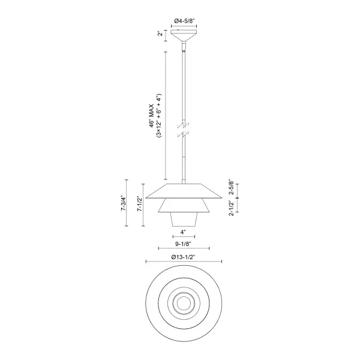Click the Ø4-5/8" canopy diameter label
[x=184, y=22]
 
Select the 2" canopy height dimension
[x=160, y=34]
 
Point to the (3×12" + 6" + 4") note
[x=160, y=116]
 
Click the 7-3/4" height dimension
[x=124, y=204]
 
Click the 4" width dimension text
[x=184, y=232]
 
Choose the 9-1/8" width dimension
[x=184, y=245]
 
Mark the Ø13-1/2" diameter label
[x=184, y=257]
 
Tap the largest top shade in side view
[x=184, y=191]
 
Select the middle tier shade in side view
[x=184, y=205]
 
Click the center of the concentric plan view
[x=184, y=304]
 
